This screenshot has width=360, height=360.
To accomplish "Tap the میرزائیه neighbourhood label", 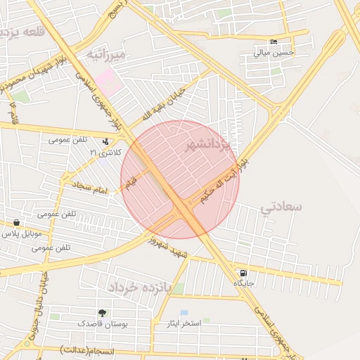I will (x=105, y=53).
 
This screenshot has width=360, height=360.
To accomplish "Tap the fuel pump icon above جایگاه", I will (x=243, y=273).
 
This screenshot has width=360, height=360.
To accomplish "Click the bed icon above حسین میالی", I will (x=274, y=41).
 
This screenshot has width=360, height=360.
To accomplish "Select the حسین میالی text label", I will (x=274, y=52).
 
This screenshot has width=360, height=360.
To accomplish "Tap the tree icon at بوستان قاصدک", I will (x=103, y=313).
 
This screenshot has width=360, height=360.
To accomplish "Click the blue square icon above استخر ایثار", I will (x=184, y=312).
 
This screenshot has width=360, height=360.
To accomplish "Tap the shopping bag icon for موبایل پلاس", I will (x=15, y=222).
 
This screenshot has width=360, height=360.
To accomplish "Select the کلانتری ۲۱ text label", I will (x=106, y=152).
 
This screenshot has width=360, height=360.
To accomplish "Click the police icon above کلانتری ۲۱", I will (x=105, y=141).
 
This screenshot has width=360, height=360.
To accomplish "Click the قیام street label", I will (x=131, y=184).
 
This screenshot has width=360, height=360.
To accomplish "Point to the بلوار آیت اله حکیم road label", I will (x=223, y=181).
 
